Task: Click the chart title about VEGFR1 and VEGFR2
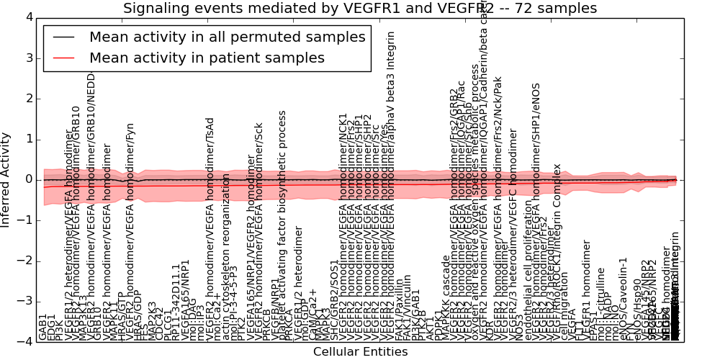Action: (x=360, y=8)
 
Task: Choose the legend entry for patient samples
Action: (x=207, y=58)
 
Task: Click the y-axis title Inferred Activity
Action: (x=6, y=180)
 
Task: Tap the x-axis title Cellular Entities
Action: (x=360, y=352)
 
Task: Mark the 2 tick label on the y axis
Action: (x=28, y=99)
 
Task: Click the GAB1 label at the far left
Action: (x=42, y=327)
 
